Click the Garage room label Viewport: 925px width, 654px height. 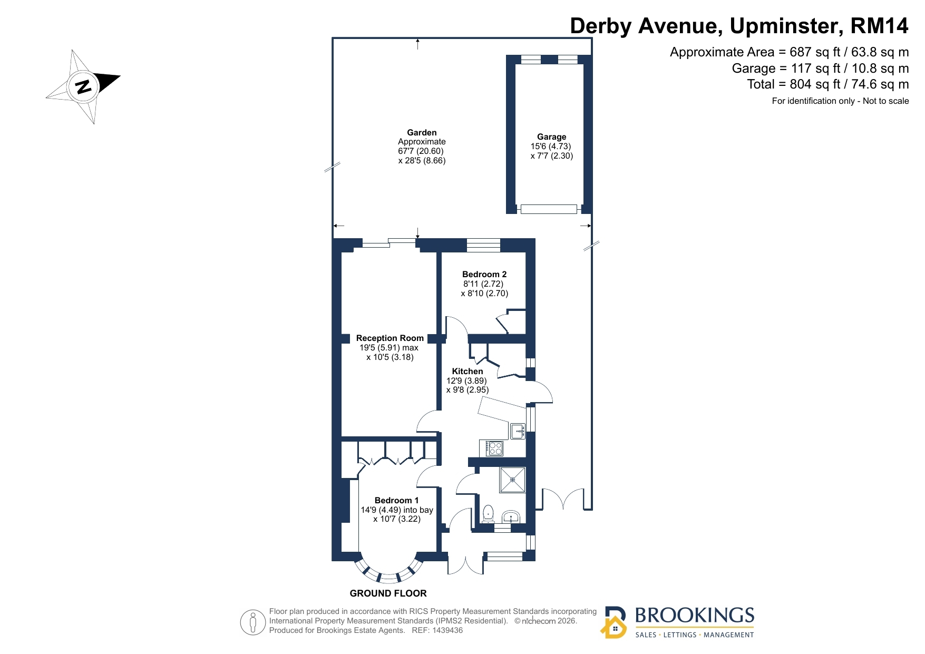click(x=551, y=137)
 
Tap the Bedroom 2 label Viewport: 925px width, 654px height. click(x=484, y=275)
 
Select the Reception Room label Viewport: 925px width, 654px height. click(x=390, y=338)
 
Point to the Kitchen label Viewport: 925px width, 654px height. click(x=468, y=372)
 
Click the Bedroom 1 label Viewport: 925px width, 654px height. click(x=397, y=501)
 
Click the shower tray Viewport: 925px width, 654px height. click(x=513, y=480)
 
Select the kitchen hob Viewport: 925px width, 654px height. click(x=494, y=448)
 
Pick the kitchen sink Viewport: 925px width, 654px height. click(x=518, y=431)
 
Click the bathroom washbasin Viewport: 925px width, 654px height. click(x=511, y=516)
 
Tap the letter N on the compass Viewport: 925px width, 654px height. click(x=83, y=86)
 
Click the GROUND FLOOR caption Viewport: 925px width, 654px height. click(x=388, y=593)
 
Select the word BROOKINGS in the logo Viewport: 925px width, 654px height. click(x=695, y=616)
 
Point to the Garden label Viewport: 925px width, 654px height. click(x=422, y=133)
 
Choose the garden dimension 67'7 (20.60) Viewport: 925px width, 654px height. click(x=421, y=151)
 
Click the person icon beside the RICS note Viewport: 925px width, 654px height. click(x=253, y=622)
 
